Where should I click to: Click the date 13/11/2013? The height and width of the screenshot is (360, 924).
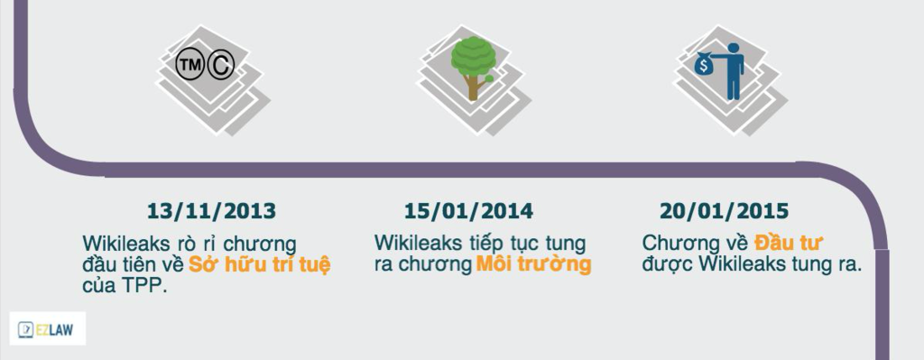211,211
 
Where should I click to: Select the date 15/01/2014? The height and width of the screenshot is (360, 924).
468,211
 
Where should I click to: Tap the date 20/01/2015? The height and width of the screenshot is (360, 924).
725,211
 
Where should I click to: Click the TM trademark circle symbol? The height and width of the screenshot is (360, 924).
189,65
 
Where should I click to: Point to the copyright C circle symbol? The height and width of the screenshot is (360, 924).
220,65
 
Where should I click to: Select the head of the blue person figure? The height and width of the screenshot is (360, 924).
733,49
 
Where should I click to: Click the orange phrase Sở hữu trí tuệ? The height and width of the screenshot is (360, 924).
259,264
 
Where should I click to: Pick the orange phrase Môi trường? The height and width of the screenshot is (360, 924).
533,264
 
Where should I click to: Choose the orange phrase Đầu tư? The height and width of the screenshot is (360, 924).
789,243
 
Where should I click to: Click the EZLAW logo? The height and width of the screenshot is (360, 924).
47,328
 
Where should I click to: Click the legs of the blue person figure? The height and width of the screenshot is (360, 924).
734,88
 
